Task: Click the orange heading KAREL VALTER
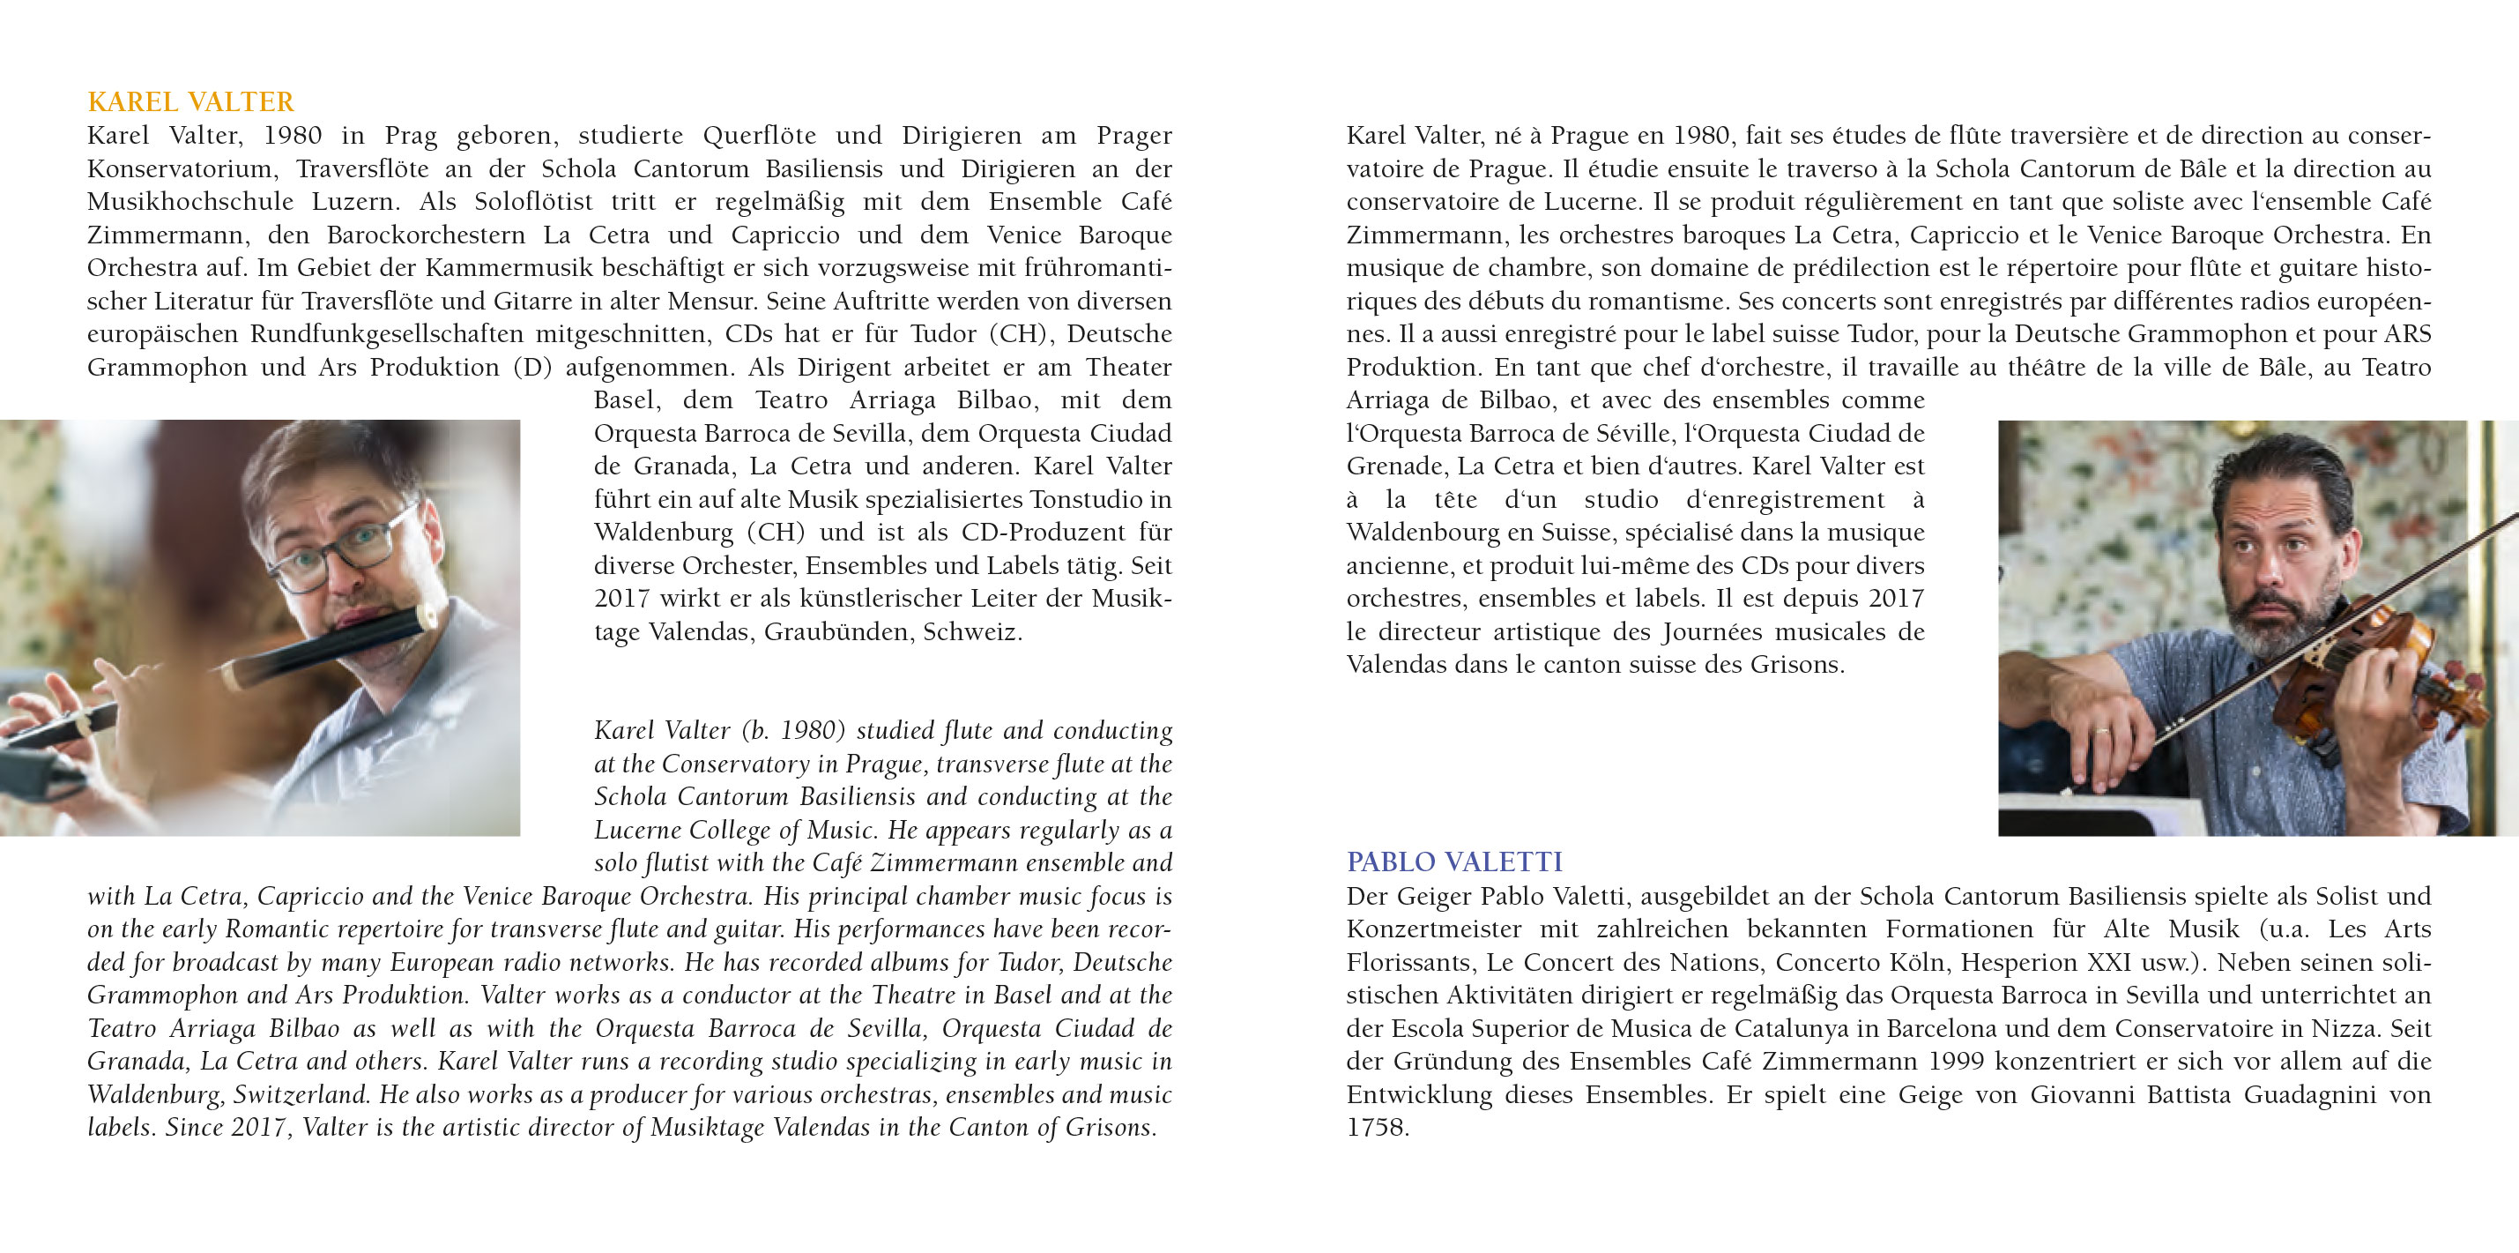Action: [x=189, y=101]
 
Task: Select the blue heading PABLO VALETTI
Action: [x=1454, y=861]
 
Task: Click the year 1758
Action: [x=1377, y=1128]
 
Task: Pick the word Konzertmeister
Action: [x=1433, y=929]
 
